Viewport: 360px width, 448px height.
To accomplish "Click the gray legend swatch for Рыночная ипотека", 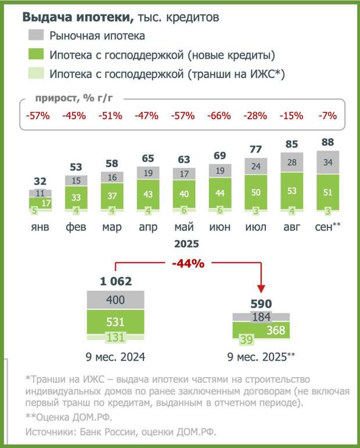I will [35, 36].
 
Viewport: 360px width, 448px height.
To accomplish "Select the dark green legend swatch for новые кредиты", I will [35, 55].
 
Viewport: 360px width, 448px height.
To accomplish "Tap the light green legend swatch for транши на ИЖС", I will [35, 74].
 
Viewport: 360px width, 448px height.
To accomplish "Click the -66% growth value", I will [220, 115].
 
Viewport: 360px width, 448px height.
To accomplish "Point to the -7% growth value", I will [327, 115].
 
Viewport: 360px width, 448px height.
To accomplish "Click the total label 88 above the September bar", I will [327, 142].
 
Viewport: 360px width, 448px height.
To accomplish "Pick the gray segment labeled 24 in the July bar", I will [256, 167].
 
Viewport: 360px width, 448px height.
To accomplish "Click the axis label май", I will [183, 227].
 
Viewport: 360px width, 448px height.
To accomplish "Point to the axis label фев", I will [75, 227].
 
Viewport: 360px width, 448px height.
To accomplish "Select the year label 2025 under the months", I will [186, 243].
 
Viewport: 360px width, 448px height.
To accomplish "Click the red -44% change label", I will [188, 264].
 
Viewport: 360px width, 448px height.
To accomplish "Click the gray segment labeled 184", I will [261, 317].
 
